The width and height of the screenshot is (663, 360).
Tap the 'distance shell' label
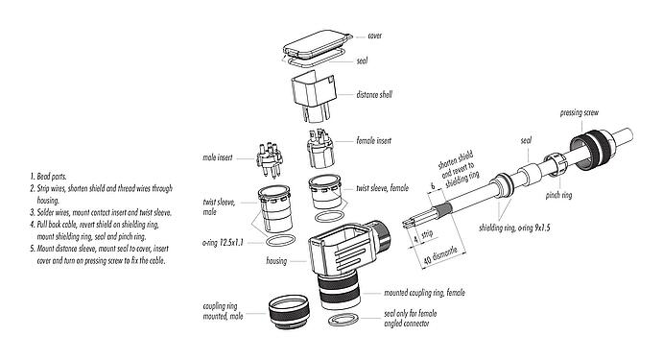pos(379,94)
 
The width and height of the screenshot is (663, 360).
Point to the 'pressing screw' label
pos(583,113)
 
